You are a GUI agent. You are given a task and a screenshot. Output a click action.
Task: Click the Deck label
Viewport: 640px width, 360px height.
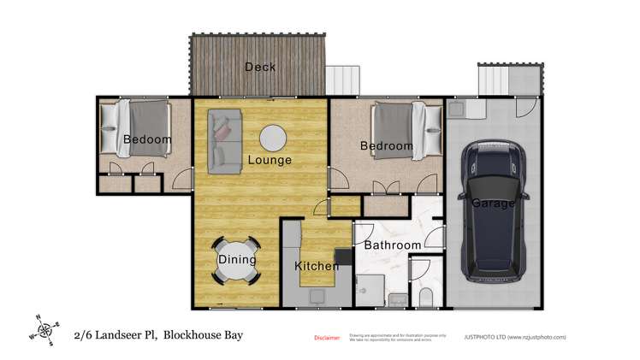point(259,67)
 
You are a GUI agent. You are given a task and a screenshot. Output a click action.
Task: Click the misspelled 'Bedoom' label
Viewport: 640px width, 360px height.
point(146,139)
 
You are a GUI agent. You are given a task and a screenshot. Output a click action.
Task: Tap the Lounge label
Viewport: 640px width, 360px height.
point(270,160)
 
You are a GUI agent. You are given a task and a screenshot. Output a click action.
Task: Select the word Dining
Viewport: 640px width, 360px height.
point(237,259)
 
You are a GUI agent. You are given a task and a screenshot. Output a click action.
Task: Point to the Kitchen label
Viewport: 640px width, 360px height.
point(316,267)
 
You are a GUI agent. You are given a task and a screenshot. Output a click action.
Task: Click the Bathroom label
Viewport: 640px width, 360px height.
point(393,245)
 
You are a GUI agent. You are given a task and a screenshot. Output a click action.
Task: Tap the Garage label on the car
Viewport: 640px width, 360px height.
point(493,204)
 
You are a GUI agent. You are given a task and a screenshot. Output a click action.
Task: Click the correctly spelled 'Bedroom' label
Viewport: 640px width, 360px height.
point(387,146)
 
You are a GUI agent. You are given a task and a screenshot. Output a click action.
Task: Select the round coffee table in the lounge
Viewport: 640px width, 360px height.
point(273,139)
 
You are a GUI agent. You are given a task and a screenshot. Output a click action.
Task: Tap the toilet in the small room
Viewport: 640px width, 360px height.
point(425,296)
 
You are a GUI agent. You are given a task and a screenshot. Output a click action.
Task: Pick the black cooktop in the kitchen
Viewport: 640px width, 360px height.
point(344,256)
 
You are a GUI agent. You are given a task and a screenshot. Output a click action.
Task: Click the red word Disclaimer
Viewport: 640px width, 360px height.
point(328,338)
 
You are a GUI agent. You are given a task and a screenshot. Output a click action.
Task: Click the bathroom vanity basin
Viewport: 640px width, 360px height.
point(397,298)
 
